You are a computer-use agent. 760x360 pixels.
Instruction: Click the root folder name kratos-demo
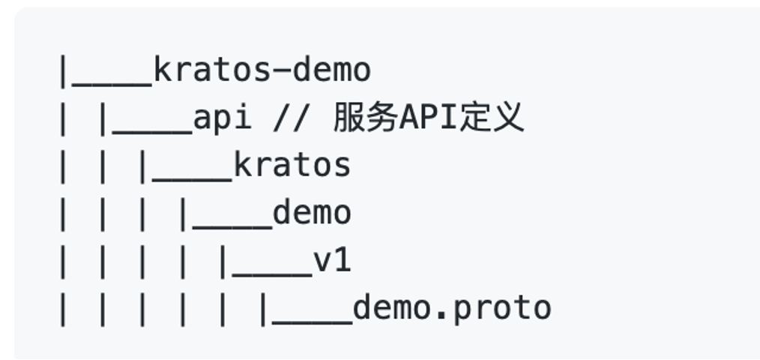click(x=262, y=70)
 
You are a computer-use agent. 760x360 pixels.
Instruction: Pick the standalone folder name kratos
click(x=292, y=165)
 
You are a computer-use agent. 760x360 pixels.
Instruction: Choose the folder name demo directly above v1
click(x=312, y=213)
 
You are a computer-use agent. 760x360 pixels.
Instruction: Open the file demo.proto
click(x=452, y=307)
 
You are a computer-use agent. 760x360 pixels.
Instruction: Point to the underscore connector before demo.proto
click(x=313, y=319)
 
